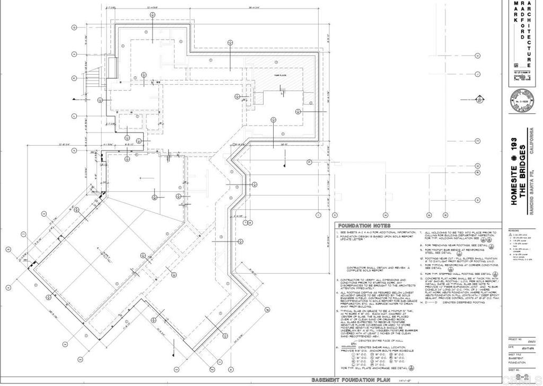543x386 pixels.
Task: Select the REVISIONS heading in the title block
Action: tap(514, 231)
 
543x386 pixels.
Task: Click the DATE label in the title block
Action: tap(511, 347)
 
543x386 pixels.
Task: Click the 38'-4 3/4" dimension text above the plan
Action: tap(275, 7)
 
